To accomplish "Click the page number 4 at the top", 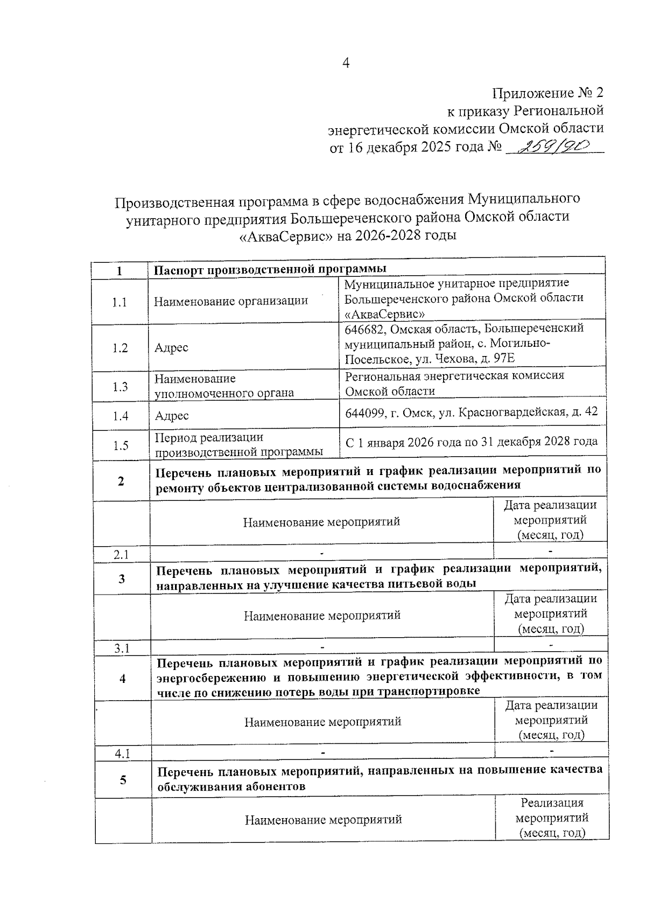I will click(346, 64).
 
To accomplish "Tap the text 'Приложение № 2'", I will click(548, 93).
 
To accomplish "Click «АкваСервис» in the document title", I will click(285, 236).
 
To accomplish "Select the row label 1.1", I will click(120, 302).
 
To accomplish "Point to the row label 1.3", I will click(120, 386).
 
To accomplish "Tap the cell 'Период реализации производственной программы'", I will click(238, 444).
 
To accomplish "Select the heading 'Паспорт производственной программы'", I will click(270, 269).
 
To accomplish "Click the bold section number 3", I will click(122, 578).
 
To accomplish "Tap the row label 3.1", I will click(122, 648).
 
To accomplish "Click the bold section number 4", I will click(122, 678).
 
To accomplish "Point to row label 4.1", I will click(123, 753).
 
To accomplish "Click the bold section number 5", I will click(123, 779).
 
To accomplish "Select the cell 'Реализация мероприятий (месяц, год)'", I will click(552, 818).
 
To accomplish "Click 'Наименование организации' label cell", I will click(230, 301).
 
